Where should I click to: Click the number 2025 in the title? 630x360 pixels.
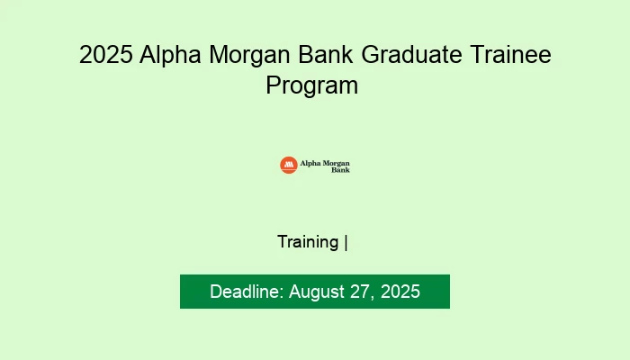coord(105,56)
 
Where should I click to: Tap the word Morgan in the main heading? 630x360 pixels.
coord(249,56)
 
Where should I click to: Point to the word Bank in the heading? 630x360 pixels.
coord(329,56)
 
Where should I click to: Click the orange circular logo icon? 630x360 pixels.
coord(288,165)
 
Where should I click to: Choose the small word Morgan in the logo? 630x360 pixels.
coord(336,163)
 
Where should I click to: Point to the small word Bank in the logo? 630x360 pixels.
coord(341,169)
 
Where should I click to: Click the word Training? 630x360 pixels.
coord(308,242)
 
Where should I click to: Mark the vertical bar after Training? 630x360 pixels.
coord(346,242)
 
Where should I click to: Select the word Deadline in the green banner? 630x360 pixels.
coord(246,292)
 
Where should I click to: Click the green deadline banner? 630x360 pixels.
coord(315,292)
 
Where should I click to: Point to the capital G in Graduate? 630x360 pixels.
coord(373,56)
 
